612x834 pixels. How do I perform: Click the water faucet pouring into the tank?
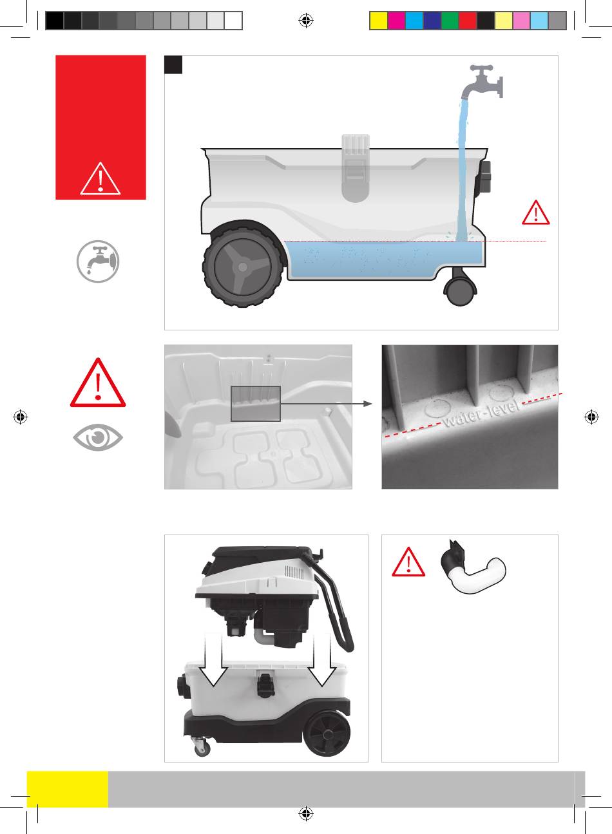tap(484, 82)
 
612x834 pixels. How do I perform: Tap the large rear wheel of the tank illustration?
tap(242, 267)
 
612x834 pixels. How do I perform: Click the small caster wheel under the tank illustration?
tap(461, 291)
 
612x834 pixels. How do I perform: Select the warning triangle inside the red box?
tap(100, 179)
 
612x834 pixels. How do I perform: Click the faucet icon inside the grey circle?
tap(98, 261)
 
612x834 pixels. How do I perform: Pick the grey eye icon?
tap(97, 437)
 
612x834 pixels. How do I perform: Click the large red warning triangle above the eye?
tap(98, 383)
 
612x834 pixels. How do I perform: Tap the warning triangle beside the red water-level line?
tap(535, 213)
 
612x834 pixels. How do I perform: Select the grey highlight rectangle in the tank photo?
tap(256, 404)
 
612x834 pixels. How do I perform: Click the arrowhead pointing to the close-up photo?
tap(368, 404)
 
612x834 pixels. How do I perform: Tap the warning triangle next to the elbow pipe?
tap(408, 563)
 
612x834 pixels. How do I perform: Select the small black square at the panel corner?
tap(173, 65)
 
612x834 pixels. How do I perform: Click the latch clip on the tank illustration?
tap(356, 168)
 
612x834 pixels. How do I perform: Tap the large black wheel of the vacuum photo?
tap(327, 734)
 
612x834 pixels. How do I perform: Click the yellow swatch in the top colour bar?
tap(378, 21)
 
